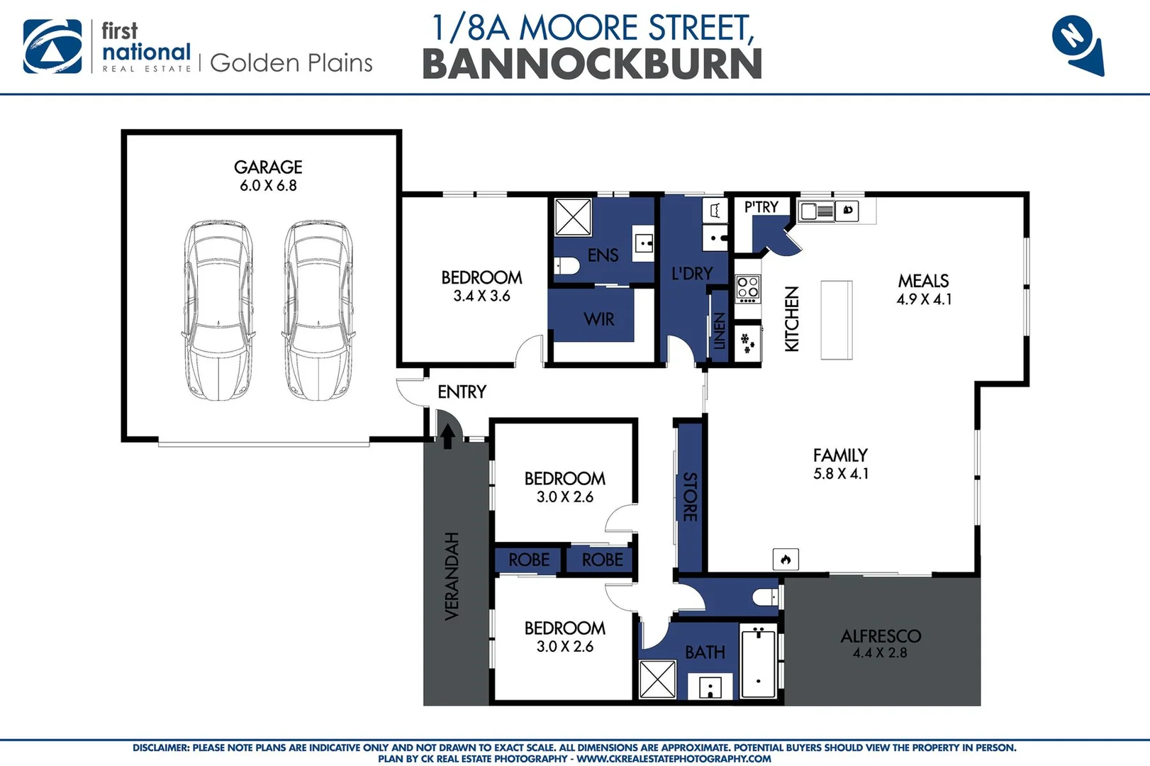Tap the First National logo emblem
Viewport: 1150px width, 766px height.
click(52, 46)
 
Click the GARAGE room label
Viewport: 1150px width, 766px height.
click(268, 167)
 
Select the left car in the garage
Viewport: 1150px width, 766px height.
click(218, 310)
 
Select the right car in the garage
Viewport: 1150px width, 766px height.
click(318, 310)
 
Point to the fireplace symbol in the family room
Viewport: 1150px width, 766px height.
click(786, 560)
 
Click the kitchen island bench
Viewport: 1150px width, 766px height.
click(837, 320)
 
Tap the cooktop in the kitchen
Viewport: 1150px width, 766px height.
click(748, 287)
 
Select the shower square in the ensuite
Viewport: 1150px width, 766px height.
click(573, 217)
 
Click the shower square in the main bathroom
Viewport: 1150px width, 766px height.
click(657, 679)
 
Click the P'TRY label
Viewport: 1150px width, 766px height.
click(761, 207)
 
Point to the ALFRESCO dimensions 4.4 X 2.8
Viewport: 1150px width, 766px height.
click(879, 653)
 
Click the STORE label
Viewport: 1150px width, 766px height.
click(689, 496)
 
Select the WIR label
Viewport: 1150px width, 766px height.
click(599, 320)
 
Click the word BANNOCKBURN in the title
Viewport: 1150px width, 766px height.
click(592, 65)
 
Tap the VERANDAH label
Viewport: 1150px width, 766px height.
click(452, 576)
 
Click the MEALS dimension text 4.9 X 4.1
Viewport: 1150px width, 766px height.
click(924, 299)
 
